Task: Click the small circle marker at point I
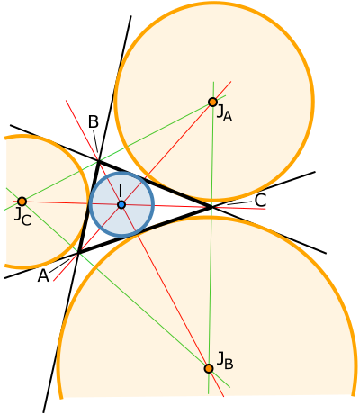coord(121,205)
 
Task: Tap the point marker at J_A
coord(212,103)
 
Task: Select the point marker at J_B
coord(209,368)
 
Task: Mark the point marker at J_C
coord(22,202)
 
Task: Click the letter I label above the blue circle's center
coord(120,191)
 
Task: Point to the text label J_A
coord(224,113)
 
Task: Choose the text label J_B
coord(225,362)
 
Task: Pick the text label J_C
coord(22,217)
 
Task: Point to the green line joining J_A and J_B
coord(211,270)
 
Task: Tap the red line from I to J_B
coord(171,298)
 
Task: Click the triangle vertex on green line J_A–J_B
coord(211,208)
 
